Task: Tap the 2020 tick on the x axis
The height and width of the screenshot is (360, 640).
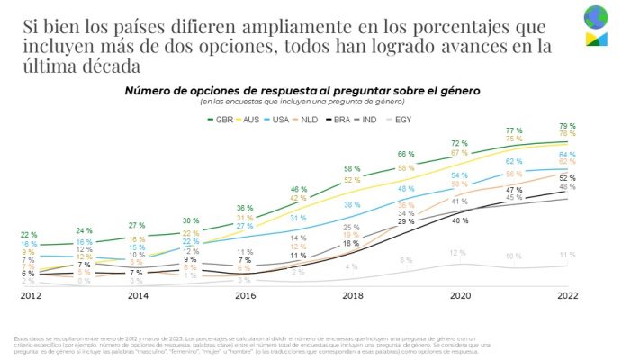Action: tap(459, 294)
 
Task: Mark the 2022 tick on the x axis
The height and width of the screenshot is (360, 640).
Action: tap(567, 294)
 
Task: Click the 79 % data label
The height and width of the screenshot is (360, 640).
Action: tap(567, 125)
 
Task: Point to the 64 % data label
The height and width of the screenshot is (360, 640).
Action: tap(567, 154)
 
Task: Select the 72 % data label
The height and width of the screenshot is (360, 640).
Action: tap(459, 143)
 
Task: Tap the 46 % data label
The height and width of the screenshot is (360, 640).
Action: tap(298, 189)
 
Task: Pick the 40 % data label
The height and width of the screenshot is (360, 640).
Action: tap(459, 220)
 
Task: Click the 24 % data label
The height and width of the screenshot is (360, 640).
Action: tap(83, 230)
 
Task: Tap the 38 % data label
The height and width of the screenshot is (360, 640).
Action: tap(352, 204)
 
